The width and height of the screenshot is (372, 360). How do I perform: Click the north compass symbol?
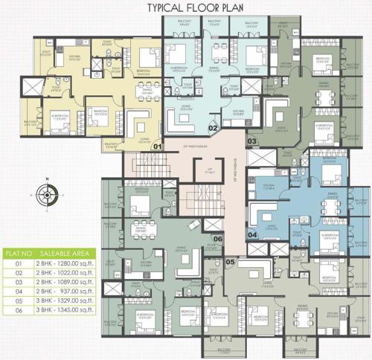coord(45,196)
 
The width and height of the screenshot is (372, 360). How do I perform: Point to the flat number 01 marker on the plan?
coord(157,147)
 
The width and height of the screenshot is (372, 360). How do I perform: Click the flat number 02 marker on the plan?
coord(212,129)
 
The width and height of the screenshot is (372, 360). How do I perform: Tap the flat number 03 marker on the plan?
coord(251,141)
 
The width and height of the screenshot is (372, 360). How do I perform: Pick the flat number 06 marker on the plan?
coord(217,239)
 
